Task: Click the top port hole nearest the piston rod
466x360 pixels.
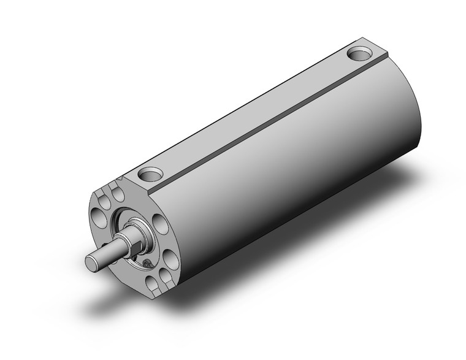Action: (x=150, y=174)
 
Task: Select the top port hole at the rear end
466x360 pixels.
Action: (x=359, y=54)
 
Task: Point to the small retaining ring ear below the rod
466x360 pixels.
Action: (x=146, y=263)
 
